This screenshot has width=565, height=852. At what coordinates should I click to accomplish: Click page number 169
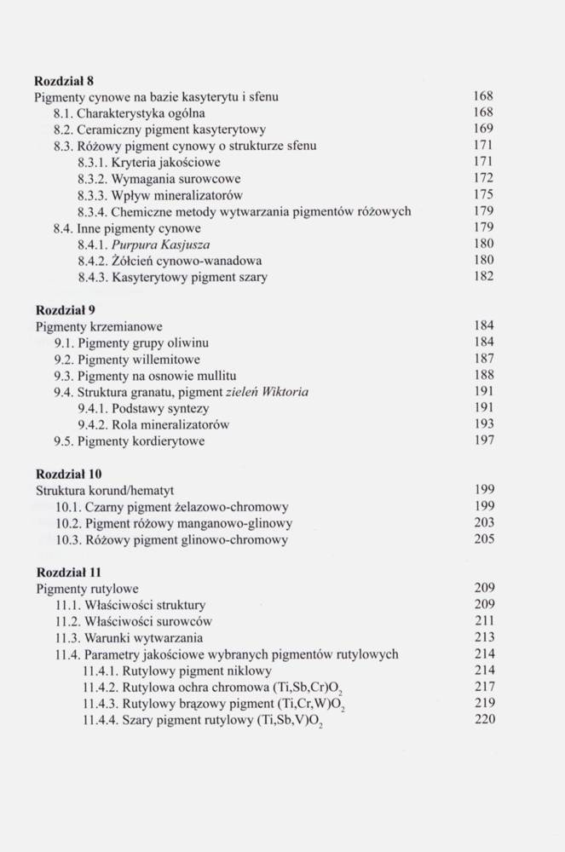(x=483, y=130)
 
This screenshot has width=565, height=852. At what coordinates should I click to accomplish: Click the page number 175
(x=483, y=195)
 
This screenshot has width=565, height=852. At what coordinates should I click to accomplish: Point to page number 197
(x=483, y=441)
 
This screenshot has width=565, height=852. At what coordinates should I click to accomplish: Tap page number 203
(x=483, y=523)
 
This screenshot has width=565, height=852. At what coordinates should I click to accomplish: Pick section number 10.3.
(x=68, y=539)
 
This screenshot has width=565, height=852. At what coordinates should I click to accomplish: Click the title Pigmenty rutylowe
(x=87, y=589)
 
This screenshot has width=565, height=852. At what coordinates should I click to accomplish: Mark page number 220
(x=483, y=720)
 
